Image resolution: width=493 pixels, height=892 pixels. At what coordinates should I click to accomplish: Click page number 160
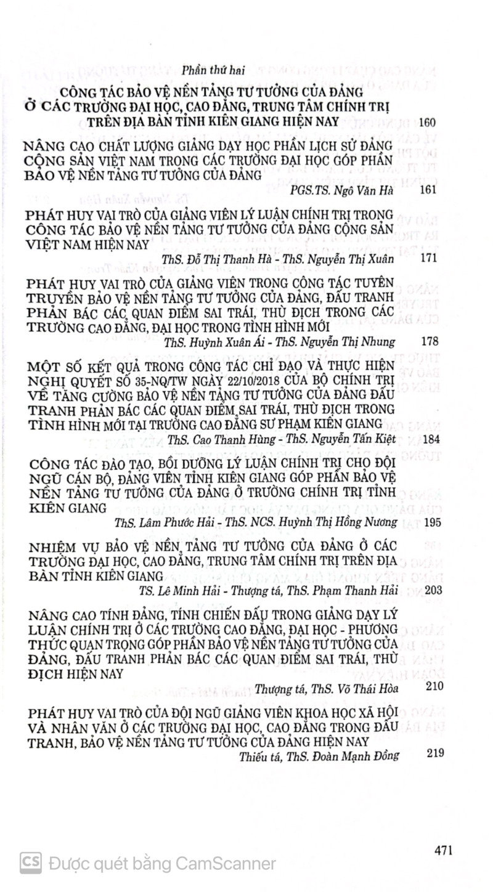[x=427, y=123]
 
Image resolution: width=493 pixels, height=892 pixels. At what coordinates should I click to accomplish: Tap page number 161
[x=427, y=190]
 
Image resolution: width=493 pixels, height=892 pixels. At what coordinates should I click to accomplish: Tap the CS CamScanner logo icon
[x=30, y=863]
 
